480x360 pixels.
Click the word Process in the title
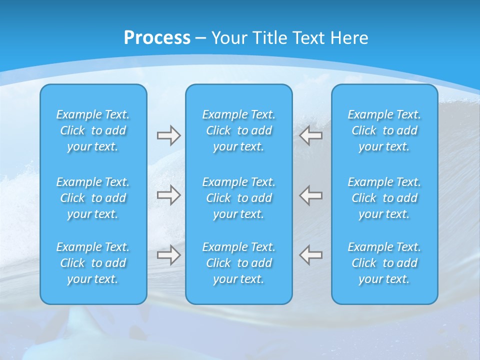[157, 38]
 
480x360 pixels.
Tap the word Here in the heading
[349, 38]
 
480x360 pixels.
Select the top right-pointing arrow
[168, 135]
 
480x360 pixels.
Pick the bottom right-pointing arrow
[168, 255]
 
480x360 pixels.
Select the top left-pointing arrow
[311, 135]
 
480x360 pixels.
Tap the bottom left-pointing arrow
[311, 255]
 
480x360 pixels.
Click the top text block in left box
[93, 130]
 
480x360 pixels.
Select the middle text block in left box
[93, 198]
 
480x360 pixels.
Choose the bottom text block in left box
[93, 263]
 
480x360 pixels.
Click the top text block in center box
[238, 130]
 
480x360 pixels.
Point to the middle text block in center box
[238, 198]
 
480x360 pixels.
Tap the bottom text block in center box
[238, 263]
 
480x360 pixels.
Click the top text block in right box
[384, 130]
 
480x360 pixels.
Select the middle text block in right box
[384, 198]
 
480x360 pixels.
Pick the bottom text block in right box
[384, 263]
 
